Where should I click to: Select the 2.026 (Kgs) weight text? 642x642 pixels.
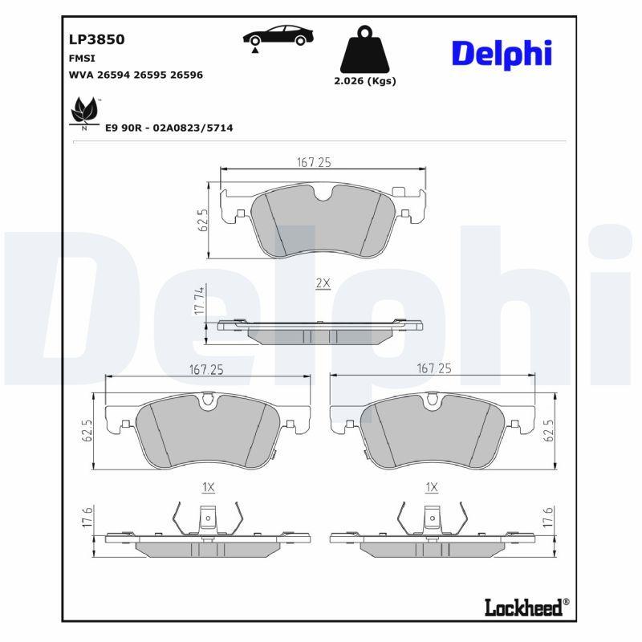pos(364,81)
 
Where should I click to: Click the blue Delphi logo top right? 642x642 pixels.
pos(502,53)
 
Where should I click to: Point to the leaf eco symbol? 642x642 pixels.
pos(84,111)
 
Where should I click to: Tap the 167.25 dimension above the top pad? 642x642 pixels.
pos(314,162)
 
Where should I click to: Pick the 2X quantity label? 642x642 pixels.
pos(323,283)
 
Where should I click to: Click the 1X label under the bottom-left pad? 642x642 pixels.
pos(208,487)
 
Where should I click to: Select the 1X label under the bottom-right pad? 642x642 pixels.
pos(432,487)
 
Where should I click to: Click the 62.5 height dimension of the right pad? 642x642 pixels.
pos(549,429)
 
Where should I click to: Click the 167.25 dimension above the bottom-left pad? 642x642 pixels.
pos(207,369)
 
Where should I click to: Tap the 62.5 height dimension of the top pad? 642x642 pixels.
pos(203,220)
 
